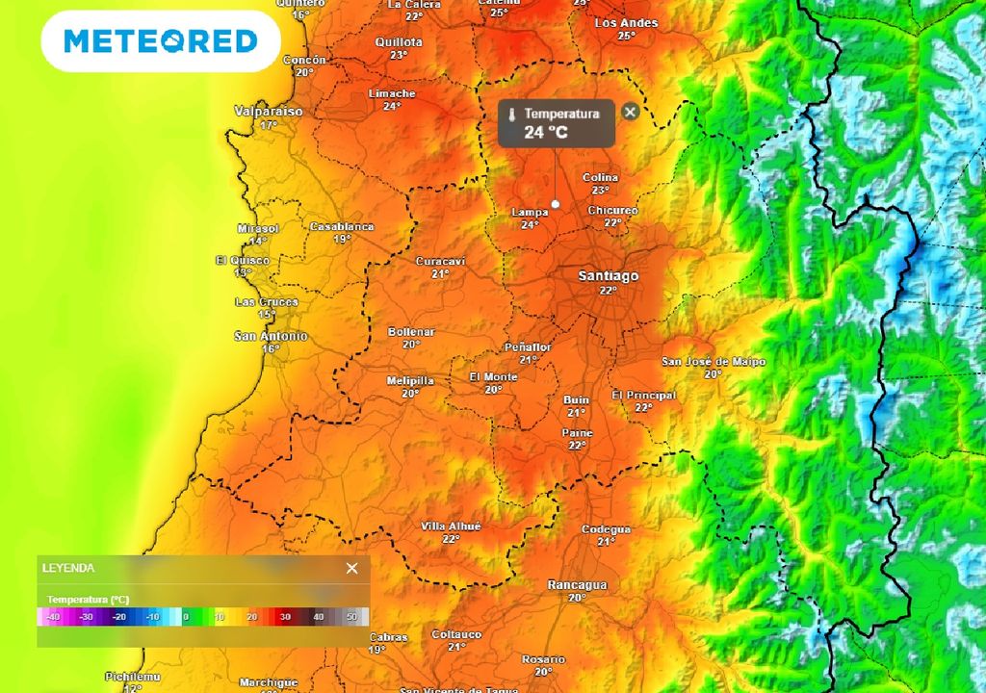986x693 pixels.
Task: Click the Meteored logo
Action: pyautogui.click(x=161, y=41)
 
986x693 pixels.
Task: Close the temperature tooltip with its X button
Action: pyautogui.click(x=630, y=112)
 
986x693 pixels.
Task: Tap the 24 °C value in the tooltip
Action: pyautogui.click(x=546, y=133)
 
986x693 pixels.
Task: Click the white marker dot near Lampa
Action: pyautogui.click(x=556, y=204)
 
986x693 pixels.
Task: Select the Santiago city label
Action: pyautogui.click(x=608, y=276)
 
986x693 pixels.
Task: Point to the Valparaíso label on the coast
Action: pyautogui.click(x=269, y=112)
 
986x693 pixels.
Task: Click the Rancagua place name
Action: pyautogui.click(x=577, y=585)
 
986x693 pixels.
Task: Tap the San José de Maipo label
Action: pyautogui.click(x=714, y=362)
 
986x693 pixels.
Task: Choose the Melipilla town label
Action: pyautogui.click(x=410, y=381)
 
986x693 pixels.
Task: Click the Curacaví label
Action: pyautogui.click(x=440, y=262)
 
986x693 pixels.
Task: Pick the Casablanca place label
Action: pyautogui.click(x=342, y=227)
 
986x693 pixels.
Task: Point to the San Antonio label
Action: pyautogui.click(x=271, y=337)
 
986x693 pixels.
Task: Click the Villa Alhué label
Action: pyautogui.click(x=451, y=526)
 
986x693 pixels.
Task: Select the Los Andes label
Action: pyautogui.click(x=626, y=23)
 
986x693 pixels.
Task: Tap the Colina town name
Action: pyautogui.click(x=601, y=178)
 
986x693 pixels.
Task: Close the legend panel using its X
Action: pyautogui.click(x=351, y=568)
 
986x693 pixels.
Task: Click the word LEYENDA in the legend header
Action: pyautogui.click(x=68, y=568)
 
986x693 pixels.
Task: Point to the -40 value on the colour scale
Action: pyautogui.click(x=53, y=617)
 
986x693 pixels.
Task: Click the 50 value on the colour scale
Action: pyautogui.click(x=351, y=617)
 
